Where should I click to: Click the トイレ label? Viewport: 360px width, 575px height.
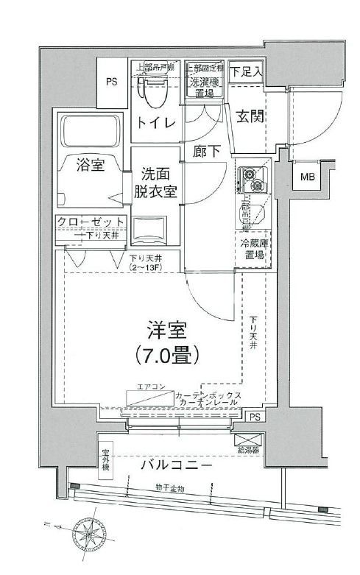156,123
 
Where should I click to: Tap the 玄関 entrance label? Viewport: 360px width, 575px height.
251,116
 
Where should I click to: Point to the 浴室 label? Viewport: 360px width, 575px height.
90,165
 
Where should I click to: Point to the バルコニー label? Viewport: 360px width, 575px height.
177,465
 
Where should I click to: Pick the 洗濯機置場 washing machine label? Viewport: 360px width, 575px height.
203,81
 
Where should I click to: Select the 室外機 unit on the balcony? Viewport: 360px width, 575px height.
106,462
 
